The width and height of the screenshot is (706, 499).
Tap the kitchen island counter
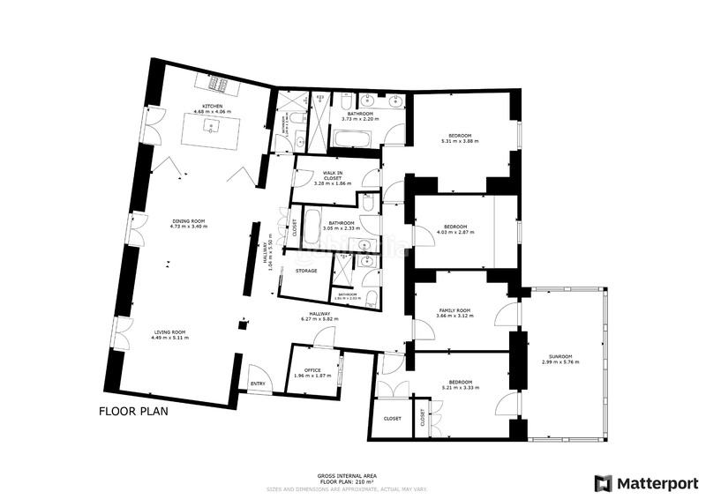pyautogui.click(x=209, y=130)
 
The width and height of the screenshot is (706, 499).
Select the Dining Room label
pyautogui.click(x=188, y=220)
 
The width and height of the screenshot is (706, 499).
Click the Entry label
pyautogui.click(x=258, y=384)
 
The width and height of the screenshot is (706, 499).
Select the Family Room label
pyautogui.click(x=455, y=310)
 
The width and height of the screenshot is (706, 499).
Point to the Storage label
pyautogui.click(x=306, y=271)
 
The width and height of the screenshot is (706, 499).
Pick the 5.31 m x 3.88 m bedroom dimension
pyautogui.click(x=459, y=140)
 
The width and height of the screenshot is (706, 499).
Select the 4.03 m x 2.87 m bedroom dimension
pyautogui.click(x=456, y=233)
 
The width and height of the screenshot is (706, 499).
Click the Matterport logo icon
pyautogui.click(x=604, y=483)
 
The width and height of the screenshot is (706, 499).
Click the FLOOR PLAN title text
pyautogui.click(x=132, y=411)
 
